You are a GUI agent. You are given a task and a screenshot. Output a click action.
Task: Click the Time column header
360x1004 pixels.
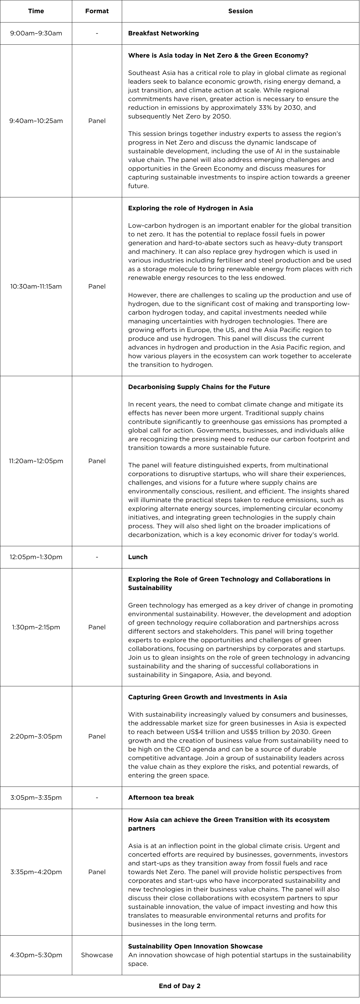pyautogui.click(x=36, y=11)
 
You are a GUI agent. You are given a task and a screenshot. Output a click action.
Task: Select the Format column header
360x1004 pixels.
pyautogui.click(x=97, y=11)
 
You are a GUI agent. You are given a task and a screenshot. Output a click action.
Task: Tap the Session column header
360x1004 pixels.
pyautogui.click(x=240, y=11)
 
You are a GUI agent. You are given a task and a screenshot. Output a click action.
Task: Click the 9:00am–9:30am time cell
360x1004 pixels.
pyautogui.click(x=36, y=33)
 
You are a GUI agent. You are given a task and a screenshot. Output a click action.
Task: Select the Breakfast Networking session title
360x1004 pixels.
pyautogui.click(x=163, y=33)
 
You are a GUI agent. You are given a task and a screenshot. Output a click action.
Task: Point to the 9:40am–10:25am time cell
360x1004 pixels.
pyautogui.click(x=36, y=121)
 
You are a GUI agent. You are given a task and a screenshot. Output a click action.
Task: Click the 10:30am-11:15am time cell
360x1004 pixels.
pyautogui.click(x=36, y=286)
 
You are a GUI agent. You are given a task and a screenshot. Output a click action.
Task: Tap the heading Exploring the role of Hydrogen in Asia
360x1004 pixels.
pyautogui.click(x=190, y=208)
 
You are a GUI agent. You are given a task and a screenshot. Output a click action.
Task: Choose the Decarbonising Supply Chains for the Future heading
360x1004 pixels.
pyautogui.click(x=199, y=387)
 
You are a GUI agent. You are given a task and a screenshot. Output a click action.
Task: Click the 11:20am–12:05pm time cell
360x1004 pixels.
pyautogui.click(x=36, y=461)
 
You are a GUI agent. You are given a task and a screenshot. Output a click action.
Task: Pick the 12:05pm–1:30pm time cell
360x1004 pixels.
pyautogui.click(x=36, y=557)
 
